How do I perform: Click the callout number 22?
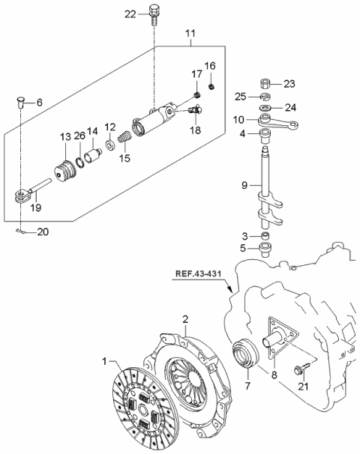[130, 14]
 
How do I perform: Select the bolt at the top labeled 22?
[154, 14]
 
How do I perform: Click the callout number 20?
[42, 231]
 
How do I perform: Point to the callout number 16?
[211, 66]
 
